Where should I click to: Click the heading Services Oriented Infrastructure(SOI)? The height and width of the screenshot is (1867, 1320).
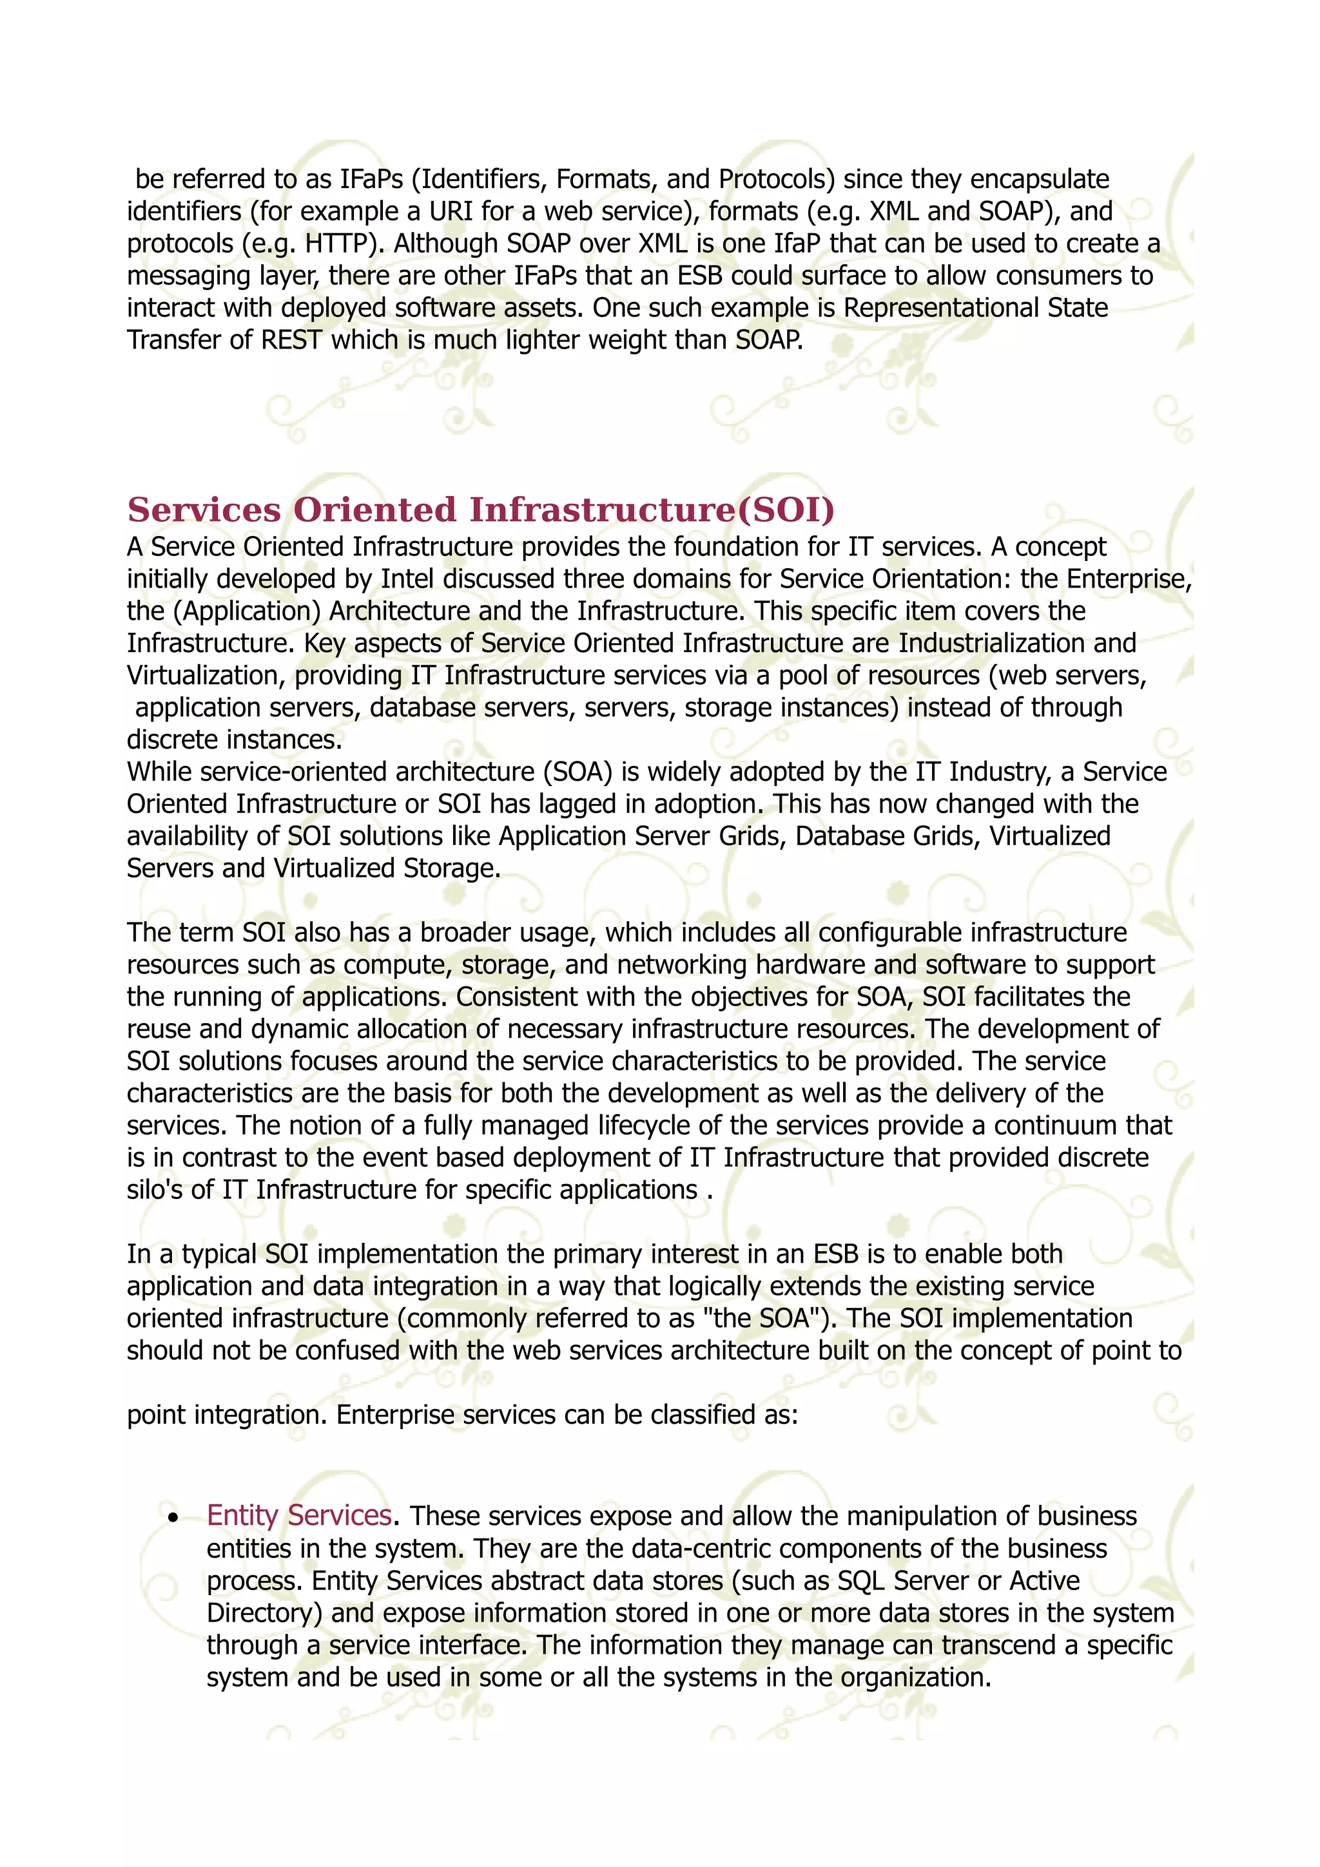click(x=481, y=510)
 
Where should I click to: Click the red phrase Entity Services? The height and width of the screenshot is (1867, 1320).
click(x=299, y=1516)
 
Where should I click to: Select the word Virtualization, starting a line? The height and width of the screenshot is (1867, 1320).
click(x=207, y=676)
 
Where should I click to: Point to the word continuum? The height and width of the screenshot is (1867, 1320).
click(x=1056, y=1125)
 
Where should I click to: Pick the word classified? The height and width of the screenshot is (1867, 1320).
click(x=703, y=1415)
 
